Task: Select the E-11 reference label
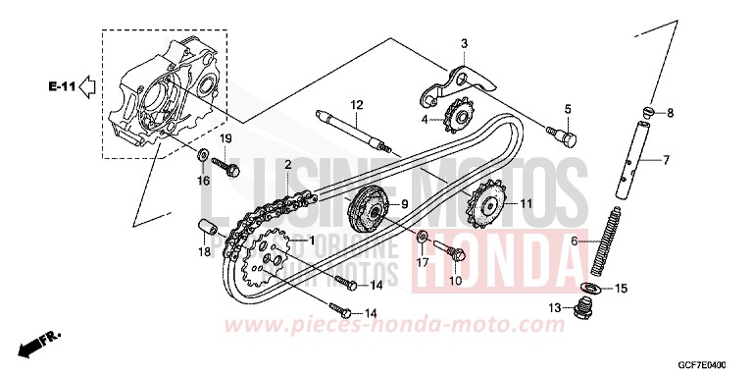[x=60, y=88]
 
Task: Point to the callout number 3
[x=465, y=42]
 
